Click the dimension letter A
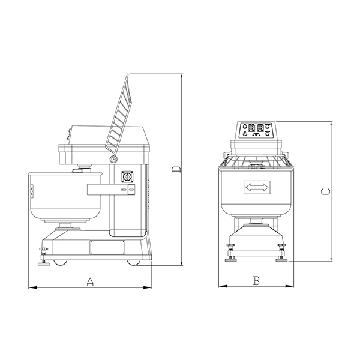90,281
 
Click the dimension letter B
256,280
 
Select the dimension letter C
325,192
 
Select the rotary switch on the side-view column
127,177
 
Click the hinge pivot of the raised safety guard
113,159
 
